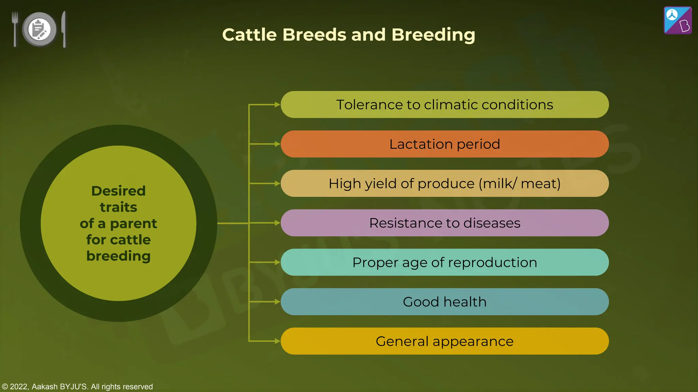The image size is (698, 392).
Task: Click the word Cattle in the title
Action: [x=249, y=35]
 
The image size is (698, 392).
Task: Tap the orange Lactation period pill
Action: [x=444, y=144]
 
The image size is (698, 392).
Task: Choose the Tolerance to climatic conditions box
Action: [x=444, y=104]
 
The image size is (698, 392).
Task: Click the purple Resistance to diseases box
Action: [x=444, y=223]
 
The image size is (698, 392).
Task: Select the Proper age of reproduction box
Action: [x=444, y=262]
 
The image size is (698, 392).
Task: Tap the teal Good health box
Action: [x=444, y=302]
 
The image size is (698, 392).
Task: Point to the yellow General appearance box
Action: [x=444, y=341]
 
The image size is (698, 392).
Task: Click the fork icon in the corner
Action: [x=15, y=29]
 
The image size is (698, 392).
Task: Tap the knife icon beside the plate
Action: [x=64, y=29]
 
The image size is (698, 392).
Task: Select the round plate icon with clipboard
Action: [x=39, y=29]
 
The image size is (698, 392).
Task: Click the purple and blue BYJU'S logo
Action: [x=678, y=20]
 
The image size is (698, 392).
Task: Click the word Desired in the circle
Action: [x=118, y=191]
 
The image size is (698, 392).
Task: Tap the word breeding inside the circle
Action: [x=118, y=256]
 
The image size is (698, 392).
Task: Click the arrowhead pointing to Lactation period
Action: [x=277, y=144]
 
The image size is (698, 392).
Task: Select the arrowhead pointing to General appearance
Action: [x=277, y=341]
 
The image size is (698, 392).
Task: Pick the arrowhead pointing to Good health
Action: [x=277, y=302]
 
